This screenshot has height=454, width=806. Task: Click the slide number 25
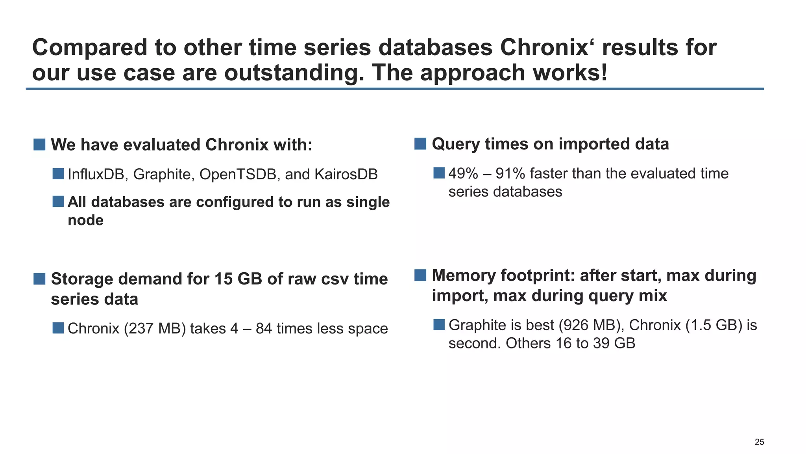[x=759, y=442]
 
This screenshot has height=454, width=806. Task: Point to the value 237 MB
[x=155, y=329]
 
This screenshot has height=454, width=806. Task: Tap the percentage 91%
[x=510, y=173]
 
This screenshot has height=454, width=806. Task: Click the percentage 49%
[x=463, y=173]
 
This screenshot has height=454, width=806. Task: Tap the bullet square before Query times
[x=420, y=144]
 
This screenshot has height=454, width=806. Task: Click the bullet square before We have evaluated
[x=39, y=145]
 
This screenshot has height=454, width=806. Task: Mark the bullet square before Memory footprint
[x=420, y=275]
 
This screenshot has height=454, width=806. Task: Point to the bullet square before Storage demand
[x=39, y=279]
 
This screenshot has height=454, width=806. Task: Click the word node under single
[x=85, y=220]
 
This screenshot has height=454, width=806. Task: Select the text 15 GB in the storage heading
[x=238, y=279]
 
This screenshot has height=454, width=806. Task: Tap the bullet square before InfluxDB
[x=58, y=174]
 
